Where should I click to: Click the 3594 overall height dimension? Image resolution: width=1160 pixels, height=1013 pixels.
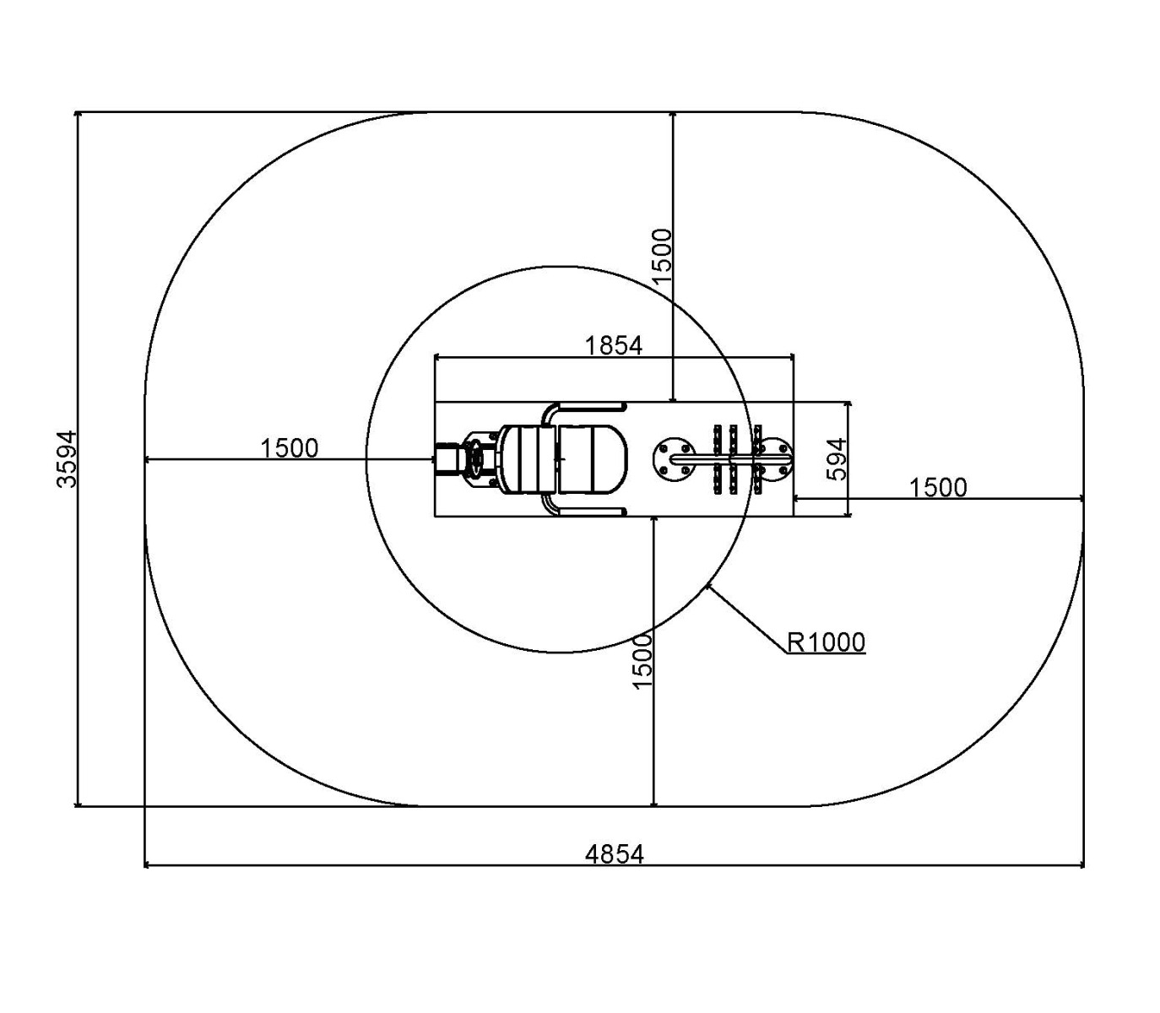(x=67, y=458)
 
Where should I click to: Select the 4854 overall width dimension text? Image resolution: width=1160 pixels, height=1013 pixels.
(x=615, y=854)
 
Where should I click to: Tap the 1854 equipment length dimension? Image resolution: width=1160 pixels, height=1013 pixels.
(x=614, y=345)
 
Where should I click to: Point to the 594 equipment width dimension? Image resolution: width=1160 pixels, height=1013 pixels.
(x=837, y=458)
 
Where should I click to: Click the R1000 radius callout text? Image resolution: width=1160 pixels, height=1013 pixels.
(x=826, y=642)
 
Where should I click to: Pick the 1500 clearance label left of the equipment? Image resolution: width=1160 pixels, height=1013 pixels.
(x=289, y=448)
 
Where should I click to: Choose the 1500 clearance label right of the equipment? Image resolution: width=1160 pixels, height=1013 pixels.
(x=938, y=488)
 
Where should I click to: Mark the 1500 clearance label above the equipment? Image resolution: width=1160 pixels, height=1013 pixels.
(x=662, y=256)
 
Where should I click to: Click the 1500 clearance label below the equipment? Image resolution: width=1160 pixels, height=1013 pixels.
(x=642, y=662)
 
